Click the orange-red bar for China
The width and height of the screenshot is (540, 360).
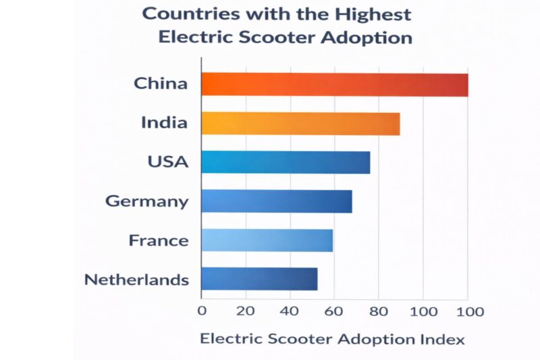coord(335,84)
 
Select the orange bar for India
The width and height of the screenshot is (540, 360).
coord(300,124)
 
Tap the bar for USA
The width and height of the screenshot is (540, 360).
coord(286,163)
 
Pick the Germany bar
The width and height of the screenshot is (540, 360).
coord(277,201)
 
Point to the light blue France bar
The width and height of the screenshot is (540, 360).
coord(267,240)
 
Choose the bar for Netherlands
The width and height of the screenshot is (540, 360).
coord(259,279)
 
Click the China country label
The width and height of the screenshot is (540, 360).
coord(161,84)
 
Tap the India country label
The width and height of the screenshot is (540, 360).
coord(164,123)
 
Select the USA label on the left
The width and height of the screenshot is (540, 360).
coord(168,162)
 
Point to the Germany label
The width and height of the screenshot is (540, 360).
coord(147,201)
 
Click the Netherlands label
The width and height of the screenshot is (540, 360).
coord(136,280)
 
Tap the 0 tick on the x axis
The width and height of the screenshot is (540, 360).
coord(202,311)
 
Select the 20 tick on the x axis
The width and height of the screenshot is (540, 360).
coord(246,311)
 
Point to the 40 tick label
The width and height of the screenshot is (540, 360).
coord(290,311)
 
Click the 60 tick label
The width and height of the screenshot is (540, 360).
coord(334,311)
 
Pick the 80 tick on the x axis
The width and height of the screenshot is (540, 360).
coord(378,311)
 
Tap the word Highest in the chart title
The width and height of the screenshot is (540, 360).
coord(367,14)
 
